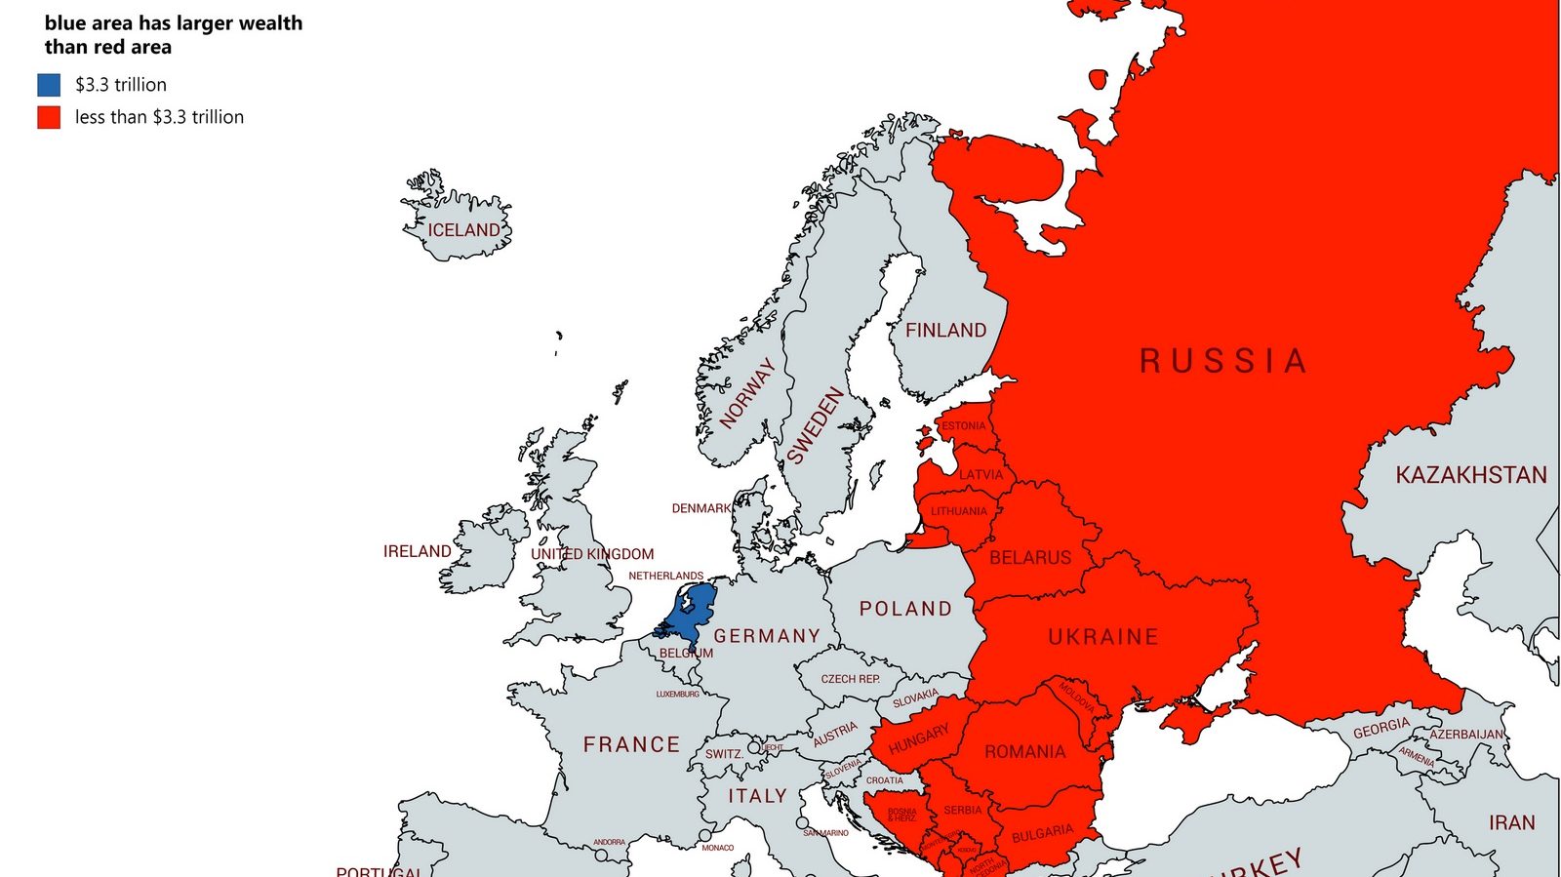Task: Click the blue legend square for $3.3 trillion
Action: pos(49,85)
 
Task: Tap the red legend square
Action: pos(49,117)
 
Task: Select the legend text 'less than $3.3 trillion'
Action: pos(159,117)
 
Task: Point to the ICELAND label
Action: pos(463,230)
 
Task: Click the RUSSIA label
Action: pos(1222,361)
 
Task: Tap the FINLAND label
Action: pos(945,331)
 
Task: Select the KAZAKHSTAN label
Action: pos(1470,475)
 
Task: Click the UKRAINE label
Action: pos(1103,637)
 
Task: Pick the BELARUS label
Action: pos(1029,558)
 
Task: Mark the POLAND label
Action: pos(905,609)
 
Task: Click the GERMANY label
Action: pos(767,636)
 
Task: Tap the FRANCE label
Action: pos(631,744)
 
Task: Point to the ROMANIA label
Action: pos(1024,752)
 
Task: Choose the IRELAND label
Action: pos(417,551)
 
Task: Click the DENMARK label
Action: pos(700,508)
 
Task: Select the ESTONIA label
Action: pos(963,426)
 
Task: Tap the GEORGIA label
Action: pos(1381,729)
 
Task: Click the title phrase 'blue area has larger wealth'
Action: pos(173,23)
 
